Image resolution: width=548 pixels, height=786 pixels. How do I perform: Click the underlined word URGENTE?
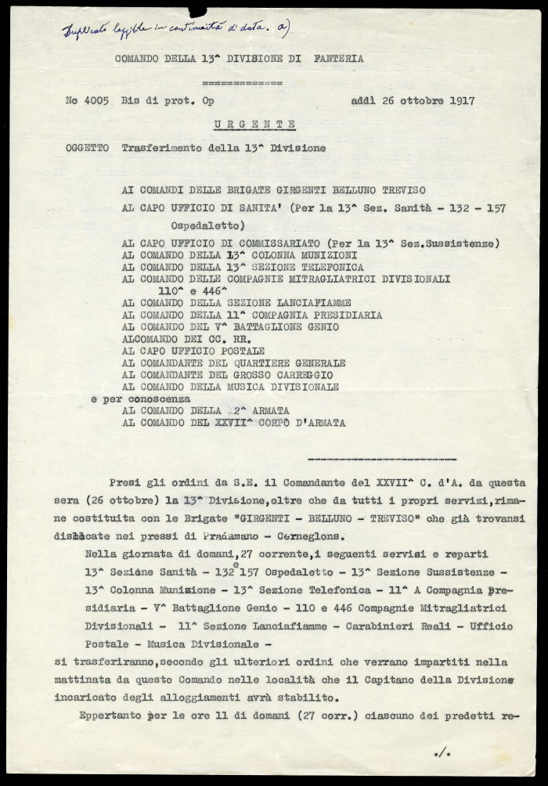[x=256, y=124]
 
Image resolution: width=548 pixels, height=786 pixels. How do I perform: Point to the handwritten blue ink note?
[x=177, y=29]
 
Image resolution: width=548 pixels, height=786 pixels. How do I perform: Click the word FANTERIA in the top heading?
[x=340, y=58]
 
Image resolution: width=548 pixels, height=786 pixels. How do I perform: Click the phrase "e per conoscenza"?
[x=141, y=398]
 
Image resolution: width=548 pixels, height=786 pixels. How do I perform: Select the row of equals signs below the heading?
[x=242, y=81]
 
